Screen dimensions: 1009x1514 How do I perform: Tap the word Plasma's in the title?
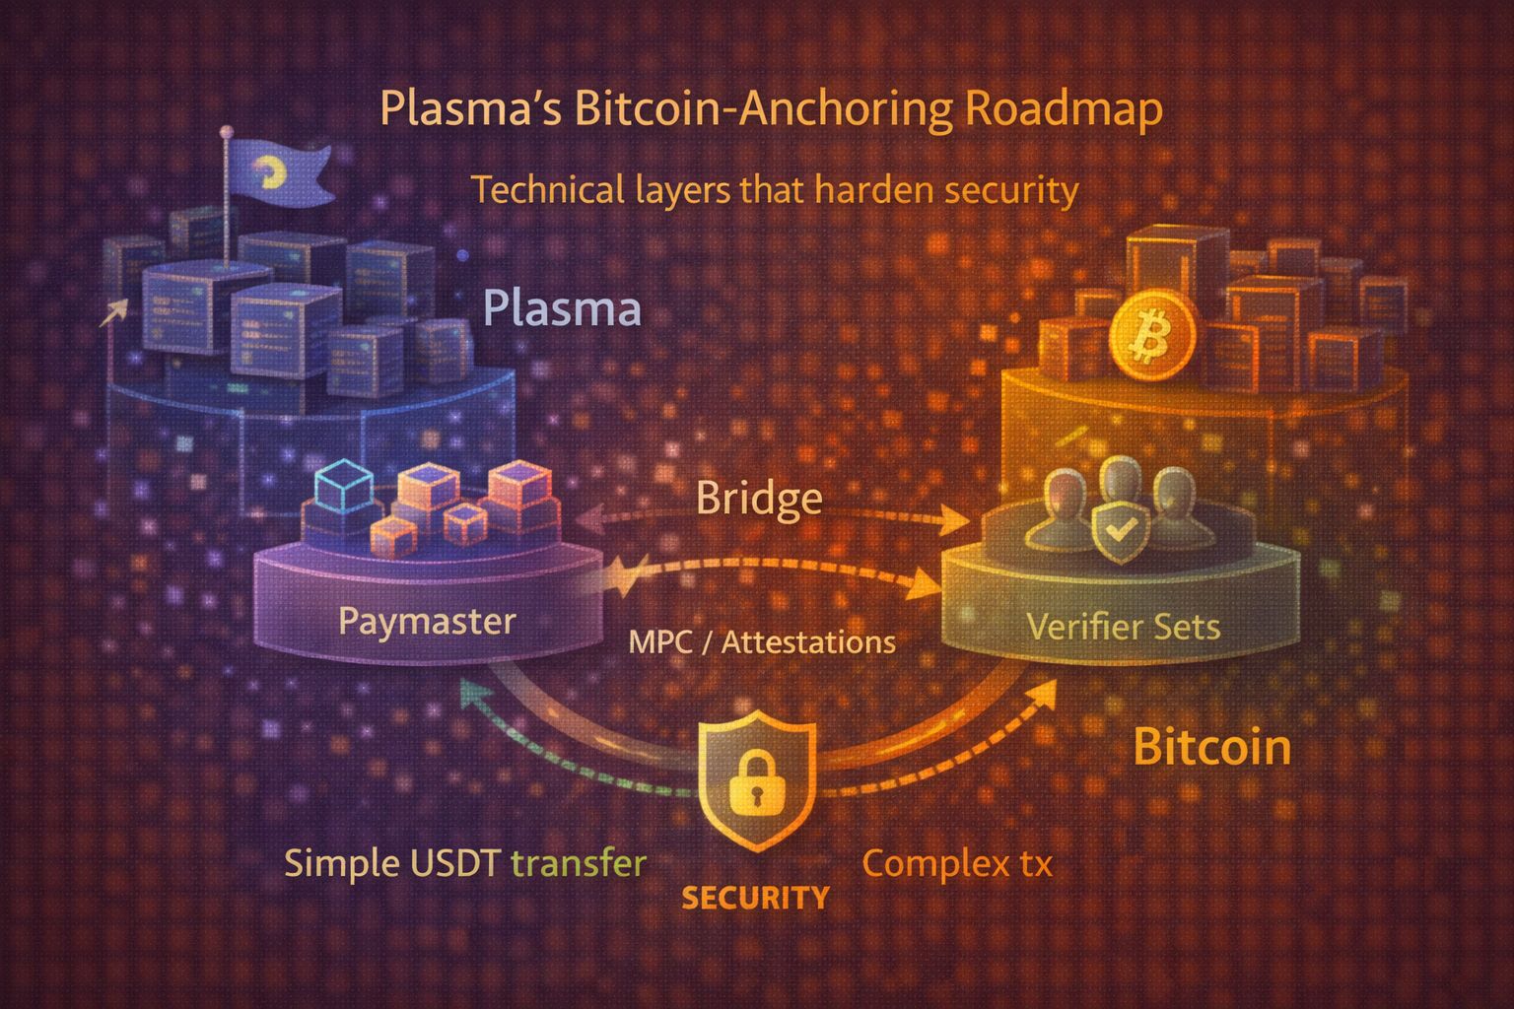coord(469,109)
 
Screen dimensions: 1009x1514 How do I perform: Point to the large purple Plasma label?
coord(563,308)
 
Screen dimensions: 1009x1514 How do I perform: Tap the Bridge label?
coord(759,498)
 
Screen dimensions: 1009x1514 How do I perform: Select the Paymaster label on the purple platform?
coord(427,621)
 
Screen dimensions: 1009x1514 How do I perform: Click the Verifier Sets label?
coord(1124,626)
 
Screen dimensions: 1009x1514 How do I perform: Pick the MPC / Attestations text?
coord(762,642)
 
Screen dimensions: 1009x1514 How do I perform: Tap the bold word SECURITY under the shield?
coord(756,898)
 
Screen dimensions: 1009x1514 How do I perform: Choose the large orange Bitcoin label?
coord(1211,747)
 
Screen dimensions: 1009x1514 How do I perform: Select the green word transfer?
coord(580,863)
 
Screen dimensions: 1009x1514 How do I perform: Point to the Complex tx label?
coord(957,864)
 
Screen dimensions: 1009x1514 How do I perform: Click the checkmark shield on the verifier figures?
coord(1118,531)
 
